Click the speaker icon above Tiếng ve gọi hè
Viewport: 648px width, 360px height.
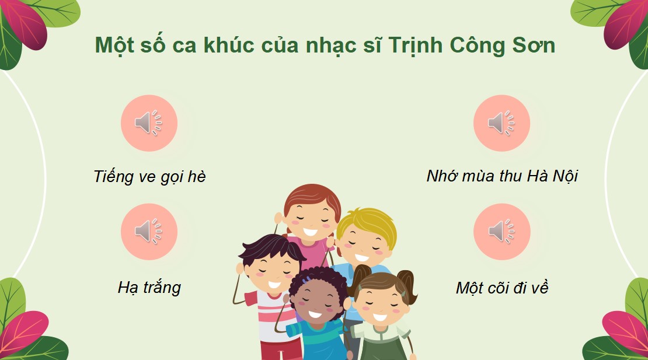pos(149,123)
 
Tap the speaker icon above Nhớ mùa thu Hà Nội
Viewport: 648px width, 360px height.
pos(501,123)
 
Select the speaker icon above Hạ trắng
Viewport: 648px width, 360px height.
pos(149,232)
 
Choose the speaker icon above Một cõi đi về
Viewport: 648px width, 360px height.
pos(501,232)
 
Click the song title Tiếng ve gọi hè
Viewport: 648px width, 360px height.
pos(149,176)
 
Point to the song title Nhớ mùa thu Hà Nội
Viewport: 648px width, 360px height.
pos(502,176)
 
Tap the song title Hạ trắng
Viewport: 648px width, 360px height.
pos(149,287)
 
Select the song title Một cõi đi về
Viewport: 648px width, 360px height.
pos(502,288)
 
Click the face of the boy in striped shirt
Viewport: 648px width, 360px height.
pos(273,273)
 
